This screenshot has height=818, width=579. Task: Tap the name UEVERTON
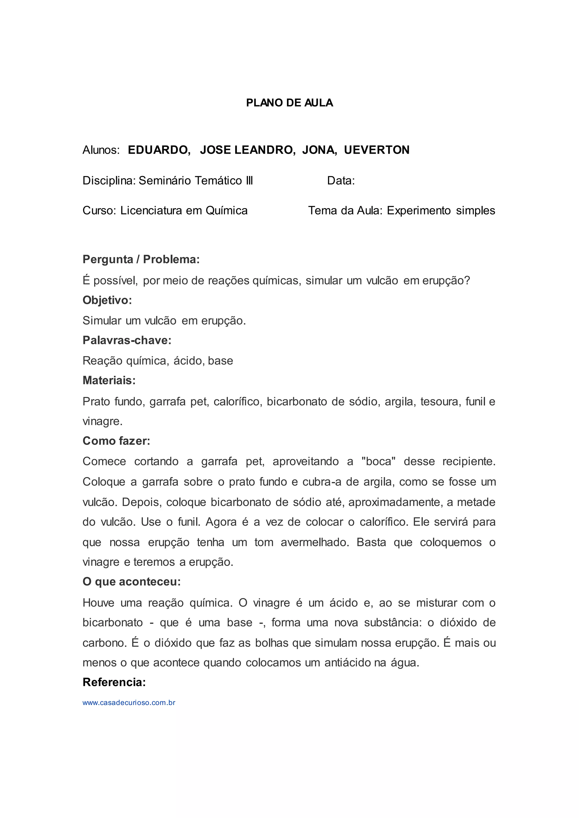coord(377,150)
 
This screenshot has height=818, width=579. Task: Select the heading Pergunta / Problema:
coord(141,259)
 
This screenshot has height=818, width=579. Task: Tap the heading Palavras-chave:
coord(127,340)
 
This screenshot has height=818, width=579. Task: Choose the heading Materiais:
coord(109,380)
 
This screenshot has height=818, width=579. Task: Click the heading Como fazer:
coord(116,441)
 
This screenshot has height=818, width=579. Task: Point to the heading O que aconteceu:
coord(131,582)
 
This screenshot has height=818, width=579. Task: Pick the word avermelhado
coord(314,542)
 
